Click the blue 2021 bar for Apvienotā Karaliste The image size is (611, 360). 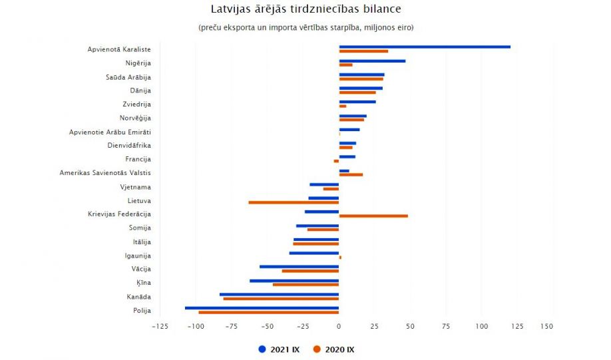[425, 47]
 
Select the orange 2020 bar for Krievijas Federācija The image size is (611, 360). [373, 216]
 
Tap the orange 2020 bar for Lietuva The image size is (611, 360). [294, 202]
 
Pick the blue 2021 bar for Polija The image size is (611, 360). [262, 307]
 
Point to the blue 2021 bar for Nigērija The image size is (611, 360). [372, 61]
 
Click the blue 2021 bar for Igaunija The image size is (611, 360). [314, 253]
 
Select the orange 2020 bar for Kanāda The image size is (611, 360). [281, 299]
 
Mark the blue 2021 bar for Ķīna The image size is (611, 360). [294, 281]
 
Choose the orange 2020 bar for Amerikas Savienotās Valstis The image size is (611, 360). [351, 174]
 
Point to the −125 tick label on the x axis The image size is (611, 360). [160, 327]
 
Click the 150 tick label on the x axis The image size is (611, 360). [547, 327]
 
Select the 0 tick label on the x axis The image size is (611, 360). [339, 327]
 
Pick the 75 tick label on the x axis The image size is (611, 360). [446, 327]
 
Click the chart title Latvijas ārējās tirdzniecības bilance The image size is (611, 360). [305, 9]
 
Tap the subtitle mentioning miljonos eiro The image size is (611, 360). [305, 27]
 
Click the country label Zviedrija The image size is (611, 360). [136, 104]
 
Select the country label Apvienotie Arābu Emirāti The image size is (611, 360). [110, 132]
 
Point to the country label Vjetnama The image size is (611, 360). [135, 187]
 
